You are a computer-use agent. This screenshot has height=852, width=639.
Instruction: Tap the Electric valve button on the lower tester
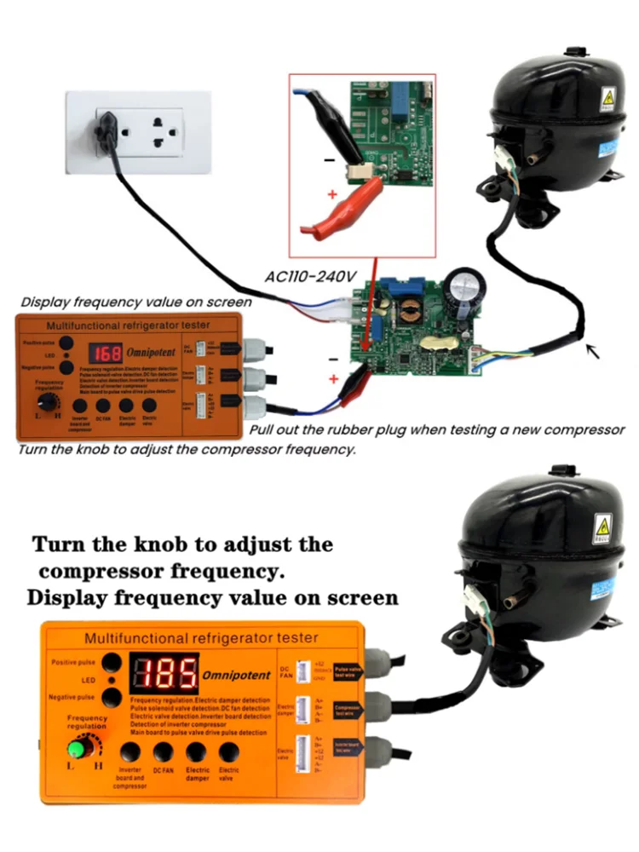click(x=228, y=752)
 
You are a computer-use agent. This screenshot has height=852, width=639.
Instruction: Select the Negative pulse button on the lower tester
click(x=111, y=698)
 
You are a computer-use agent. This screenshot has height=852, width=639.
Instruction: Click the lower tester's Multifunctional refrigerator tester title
click(x=201, y=637)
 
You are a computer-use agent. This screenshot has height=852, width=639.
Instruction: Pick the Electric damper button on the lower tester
click(x=197, y=752)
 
